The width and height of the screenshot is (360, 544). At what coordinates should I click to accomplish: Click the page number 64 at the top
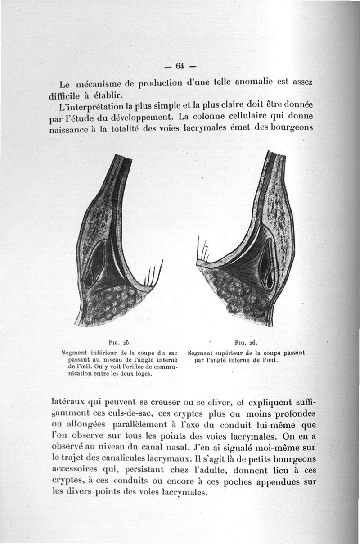coord(180,66)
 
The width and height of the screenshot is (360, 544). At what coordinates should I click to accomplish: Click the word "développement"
coord(143,118)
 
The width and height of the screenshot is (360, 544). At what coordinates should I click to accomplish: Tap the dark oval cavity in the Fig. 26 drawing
coord(267,263)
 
